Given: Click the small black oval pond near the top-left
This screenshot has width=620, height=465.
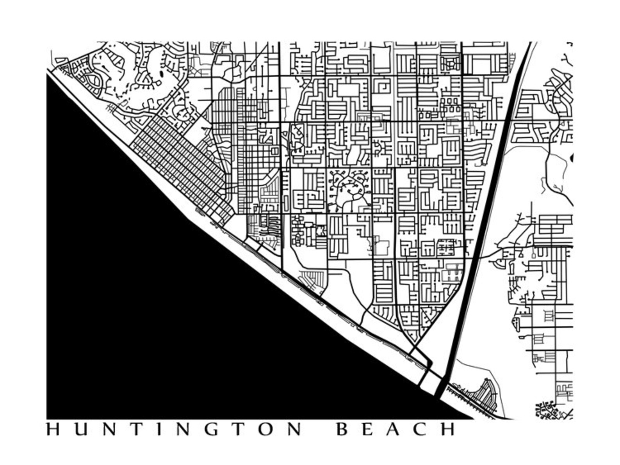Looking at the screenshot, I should [162, 74].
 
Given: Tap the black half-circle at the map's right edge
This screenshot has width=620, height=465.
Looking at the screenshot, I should [572, 158].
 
